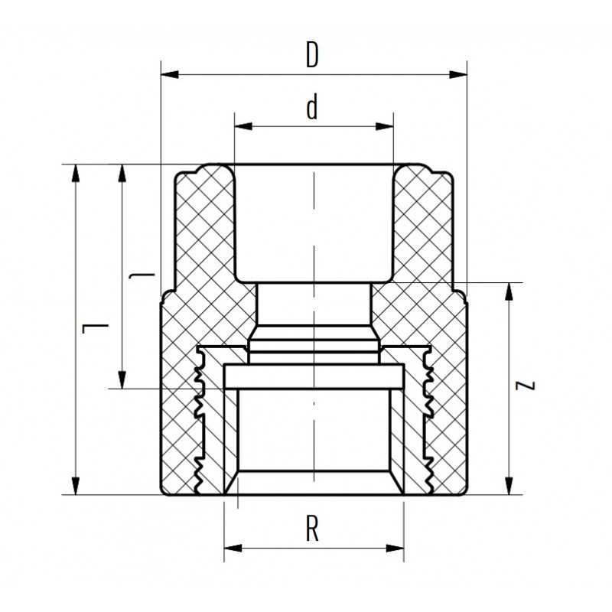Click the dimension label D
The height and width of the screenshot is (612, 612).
coord(311,56)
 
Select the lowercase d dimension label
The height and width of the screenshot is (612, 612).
coord(311,109)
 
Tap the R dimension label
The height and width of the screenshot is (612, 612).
coord(312,529)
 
